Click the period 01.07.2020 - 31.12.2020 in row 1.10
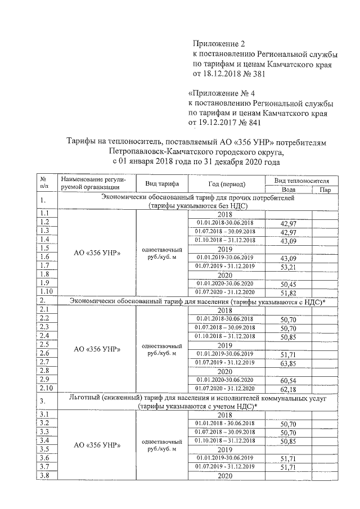[225, 292]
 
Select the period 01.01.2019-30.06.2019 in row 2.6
[225, 353]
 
